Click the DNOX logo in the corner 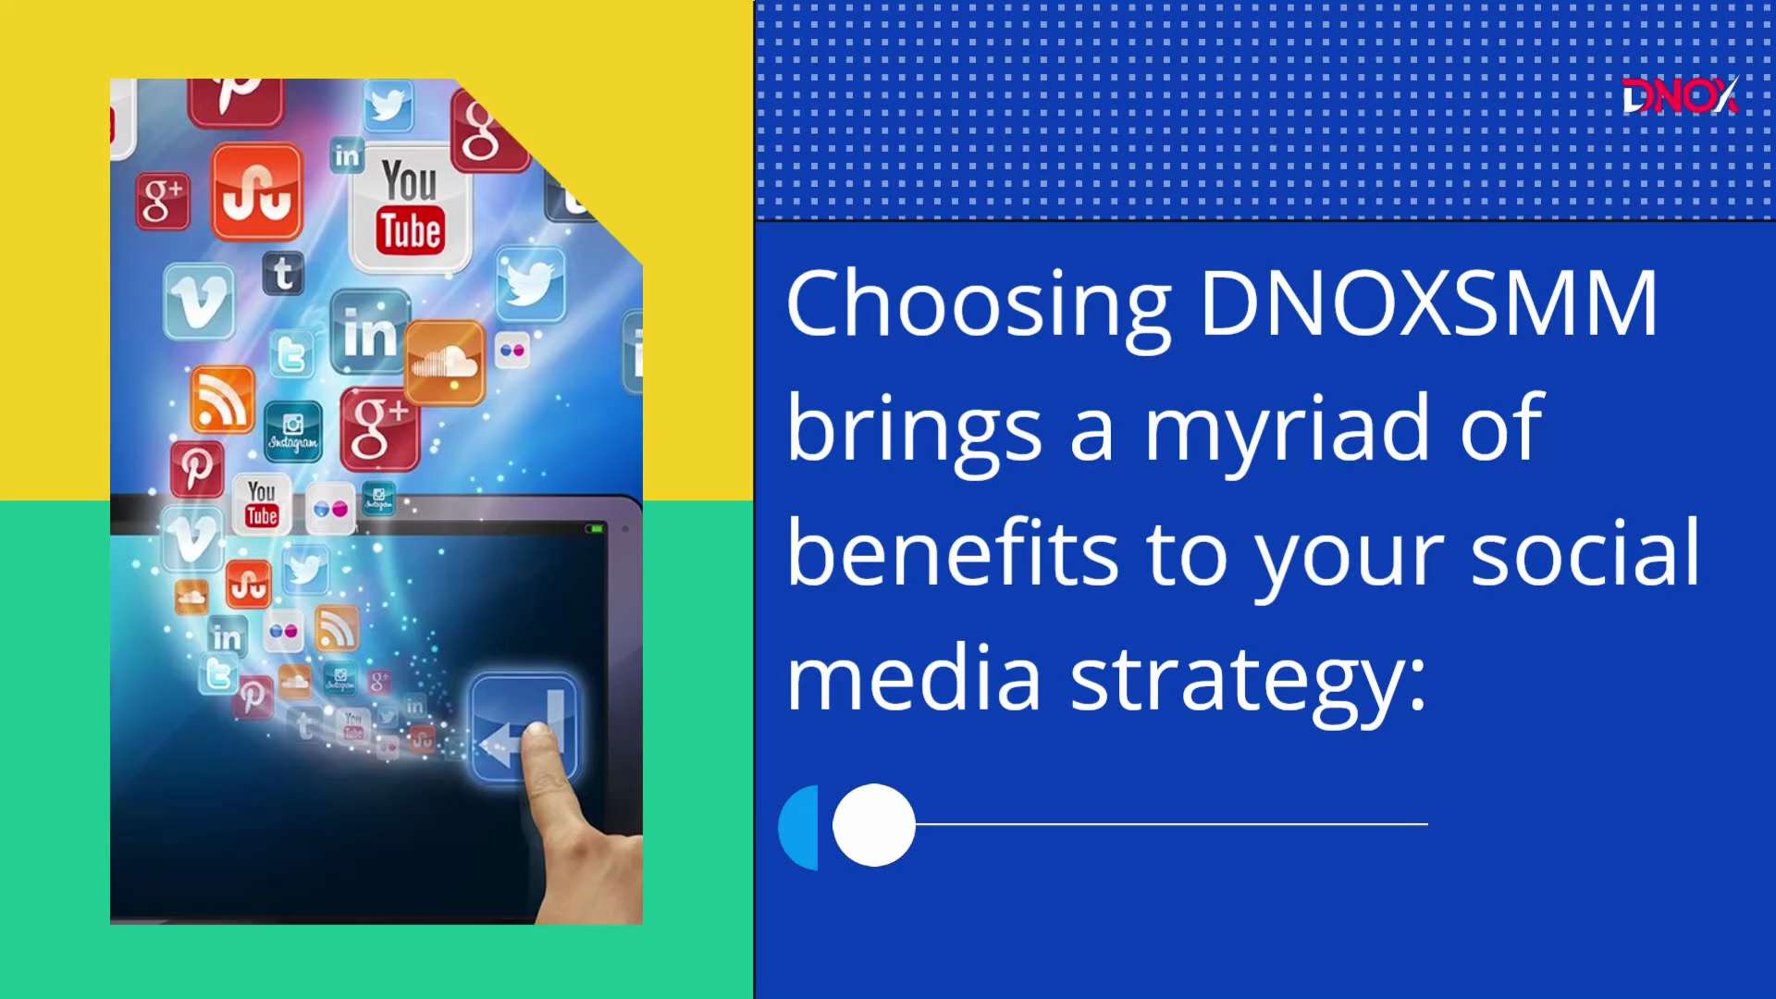[x=1680, y=95]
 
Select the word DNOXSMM [x=1429, y=302]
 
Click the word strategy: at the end [x=1248, y=683]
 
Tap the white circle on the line [x=874, y=825]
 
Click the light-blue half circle [x=800, y=828]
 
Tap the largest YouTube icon [x=410, y=209]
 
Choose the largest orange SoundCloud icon [x=445, y=363]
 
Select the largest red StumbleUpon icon [x=257, y=192]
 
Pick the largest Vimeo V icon [x=199, y=302]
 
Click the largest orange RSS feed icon [x=222, y=399]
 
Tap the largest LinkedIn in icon [x=370, y=331]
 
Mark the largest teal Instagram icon [x=293, y=431]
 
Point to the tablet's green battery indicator [x=595, y=529]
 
